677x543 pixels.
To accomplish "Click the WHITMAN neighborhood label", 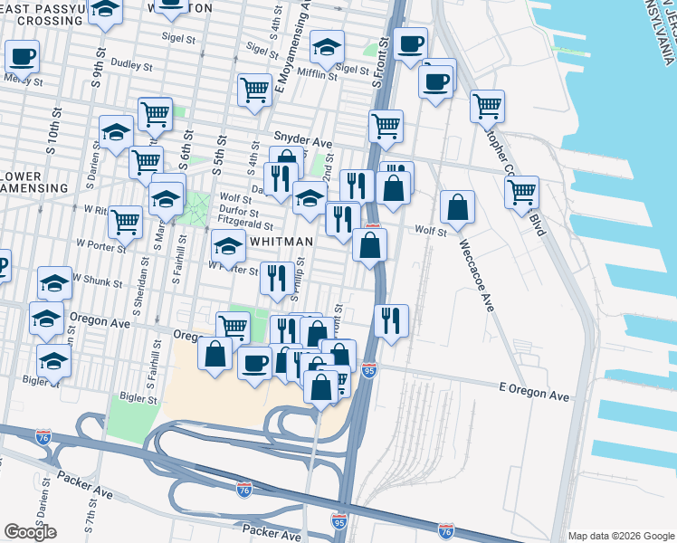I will tap(281, 242).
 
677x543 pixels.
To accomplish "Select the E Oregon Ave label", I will tap(534, 396).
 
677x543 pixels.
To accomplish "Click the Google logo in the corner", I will tap(30, 532).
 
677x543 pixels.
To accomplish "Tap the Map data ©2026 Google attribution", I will tap(620, 535).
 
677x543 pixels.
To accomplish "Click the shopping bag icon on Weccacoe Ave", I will tap(458, 207).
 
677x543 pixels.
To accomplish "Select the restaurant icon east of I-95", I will tap(390, 320).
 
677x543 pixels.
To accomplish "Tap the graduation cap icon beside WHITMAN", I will tap(228, 245).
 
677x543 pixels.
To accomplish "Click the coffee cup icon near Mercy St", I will tap(21, 57).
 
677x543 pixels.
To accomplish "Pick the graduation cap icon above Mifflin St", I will tap(327, 46).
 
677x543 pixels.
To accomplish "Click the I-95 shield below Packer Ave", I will tap(338, 522).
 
